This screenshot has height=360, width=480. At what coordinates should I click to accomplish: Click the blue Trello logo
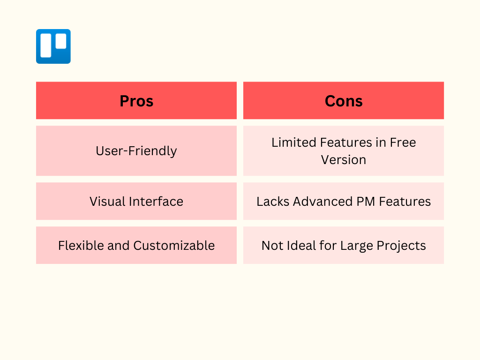click(53, 46)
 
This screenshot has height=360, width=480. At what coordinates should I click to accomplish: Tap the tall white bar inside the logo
click(46, 45)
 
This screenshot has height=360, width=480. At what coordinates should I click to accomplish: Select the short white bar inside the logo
click(61, 41)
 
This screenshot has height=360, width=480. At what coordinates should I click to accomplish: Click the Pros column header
click(136, 101)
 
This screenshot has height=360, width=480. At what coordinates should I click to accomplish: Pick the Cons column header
click(344, 101)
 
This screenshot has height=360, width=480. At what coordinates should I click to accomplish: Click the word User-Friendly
click(136, 151)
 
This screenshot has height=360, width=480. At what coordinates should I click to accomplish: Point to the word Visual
click(107, 202)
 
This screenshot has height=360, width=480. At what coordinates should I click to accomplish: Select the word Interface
click(156, 202)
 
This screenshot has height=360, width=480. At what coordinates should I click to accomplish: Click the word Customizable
click(174, 246)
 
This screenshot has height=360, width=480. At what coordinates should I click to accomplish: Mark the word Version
click(344, 160)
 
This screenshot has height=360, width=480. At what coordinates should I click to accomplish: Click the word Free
click(403, 142)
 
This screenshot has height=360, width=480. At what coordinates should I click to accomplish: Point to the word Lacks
click(273, 202)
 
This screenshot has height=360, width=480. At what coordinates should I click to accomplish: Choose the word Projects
click(401, 246)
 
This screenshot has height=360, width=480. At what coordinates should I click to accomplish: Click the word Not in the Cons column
click(272, 246)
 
